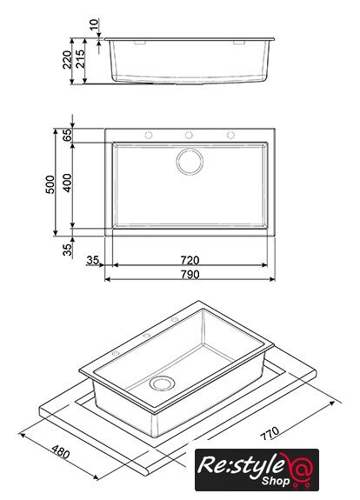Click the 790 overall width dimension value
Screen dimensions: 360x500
click(190, 274)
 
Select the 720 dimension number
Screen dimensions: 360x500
click(190, 260)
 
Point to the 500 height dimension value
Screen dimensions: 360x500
click(50, 184)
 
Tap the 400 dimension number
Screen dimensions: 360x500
click(67, 183)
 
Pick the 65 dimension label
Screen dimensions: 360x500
click(67, 135)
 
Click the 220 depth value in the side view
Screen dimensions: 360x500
click(67, 60)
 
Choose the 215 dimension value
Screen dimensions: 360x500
click(80, 58)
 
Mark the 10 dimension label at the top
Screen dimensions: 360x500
click(93, 24)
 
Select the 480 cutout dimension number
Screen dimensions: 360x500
click(61, 452)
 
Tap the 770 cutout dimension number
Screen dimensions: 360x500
click(270, 433)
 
